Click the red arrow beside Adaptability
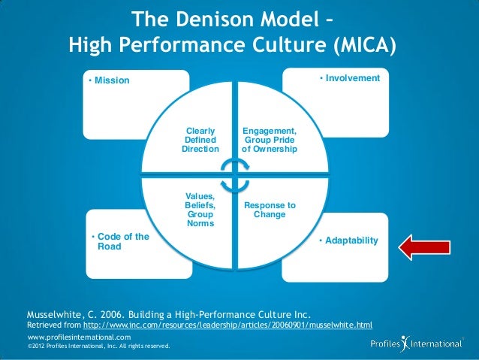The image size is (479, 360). pyautogui.click(x=425, y=246)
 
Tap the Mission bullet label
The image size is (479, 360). pyautogui.click(x=109, y=81)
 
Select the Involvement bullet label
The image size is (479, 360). pyautogui.click(x=349, y=78)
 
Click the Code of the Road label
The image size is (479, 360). pyautogui.click(x=120, y=241)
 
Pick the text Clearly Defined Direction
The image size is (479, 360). pyautogui.click(x=200, y=139)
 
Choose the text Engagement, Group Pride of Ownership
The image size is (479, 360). pyautogui.click(x=269, y=139)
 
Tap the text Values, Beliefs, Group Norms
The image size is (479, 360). pyautogui.click(x=200, y=210)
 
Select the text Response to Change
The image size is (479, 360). pyautogui.click(x=270, y=210)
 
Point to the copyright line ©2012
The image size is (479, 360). pyautogui.click(x=98, y=346)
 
